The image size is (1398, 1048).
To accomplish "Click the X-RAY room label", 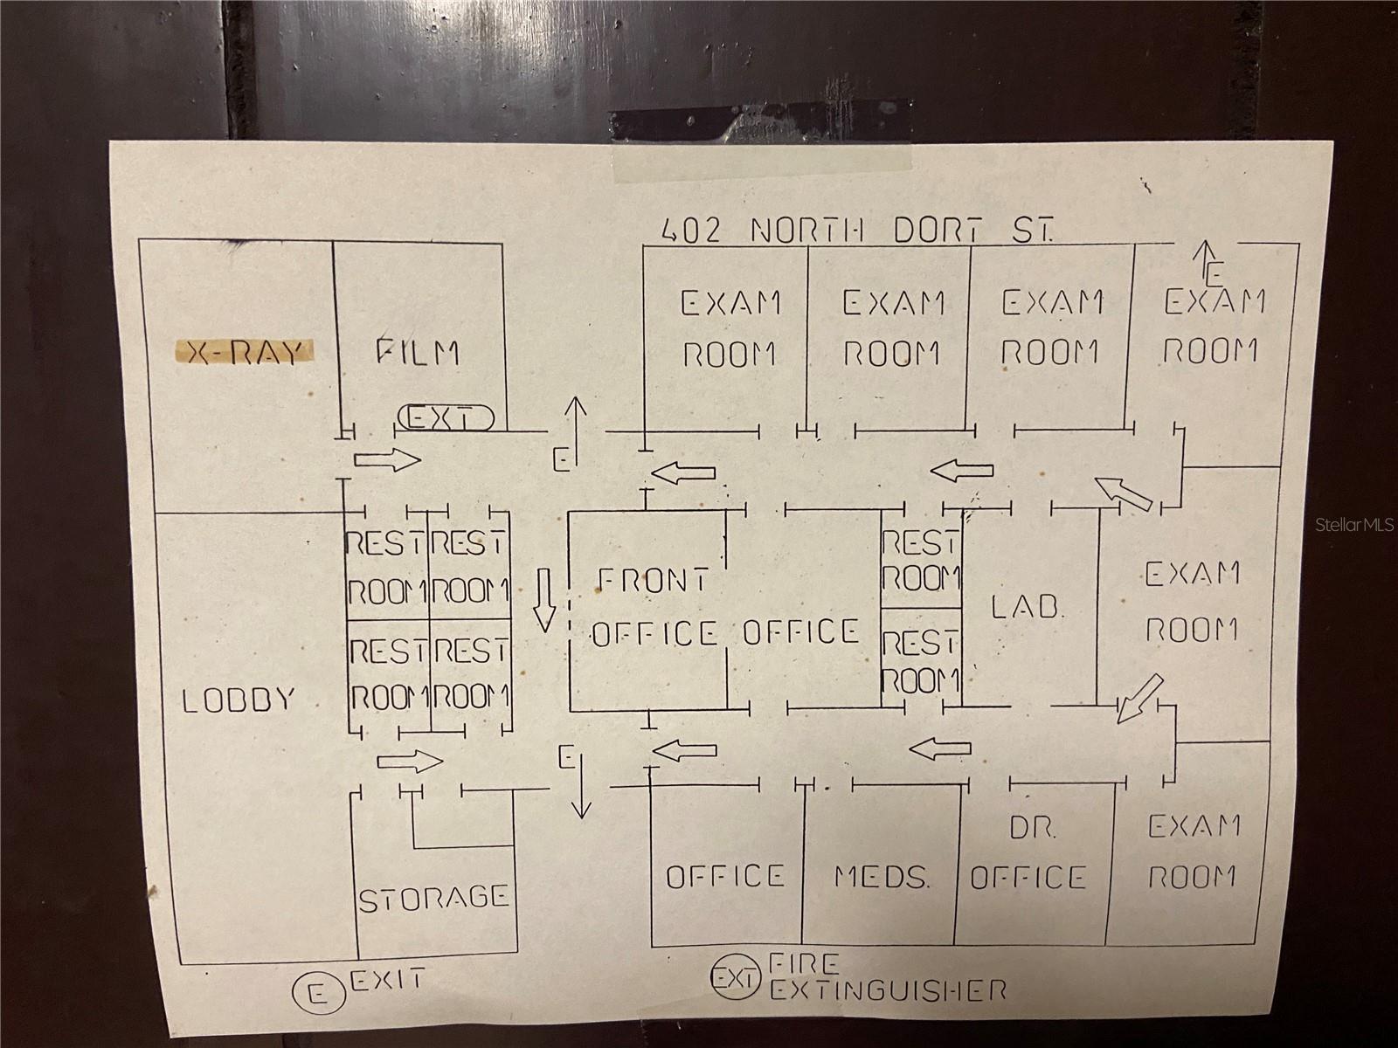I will (x=244, y=352).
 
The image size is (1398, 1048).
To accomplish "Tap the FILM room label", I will (x=418, y=352).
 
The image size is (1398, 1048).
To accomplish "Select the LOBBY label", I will (x=239, y=700).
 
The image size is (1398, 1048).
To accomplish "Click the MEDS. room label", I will (x=881, y=876).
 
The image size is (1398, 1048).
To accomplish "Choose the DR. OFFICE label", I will (x=1029, y=855).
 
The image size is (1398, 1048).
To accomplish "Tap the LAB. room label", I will (x=1028, y=606).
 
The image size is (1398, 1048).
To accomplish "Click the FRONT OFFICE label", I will (x=654, y=606).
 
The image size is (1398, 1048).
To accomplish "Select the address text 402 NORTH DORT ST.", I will (x=856, y=230).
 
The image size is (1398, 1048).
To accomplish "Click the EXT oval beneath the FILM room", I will (x=446, y=418).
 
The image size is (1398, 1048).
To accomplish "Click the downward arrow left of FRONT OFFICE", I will (x=545, y=598).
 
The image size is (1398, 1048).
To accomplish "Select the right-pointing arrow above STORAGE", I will (x=410, y=762).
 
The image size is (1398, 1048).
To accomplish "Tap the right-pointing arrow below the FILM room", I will (x=387, y=460).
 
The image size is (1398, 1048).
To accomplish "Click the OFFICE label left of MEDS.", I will (x=725, y=876).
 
